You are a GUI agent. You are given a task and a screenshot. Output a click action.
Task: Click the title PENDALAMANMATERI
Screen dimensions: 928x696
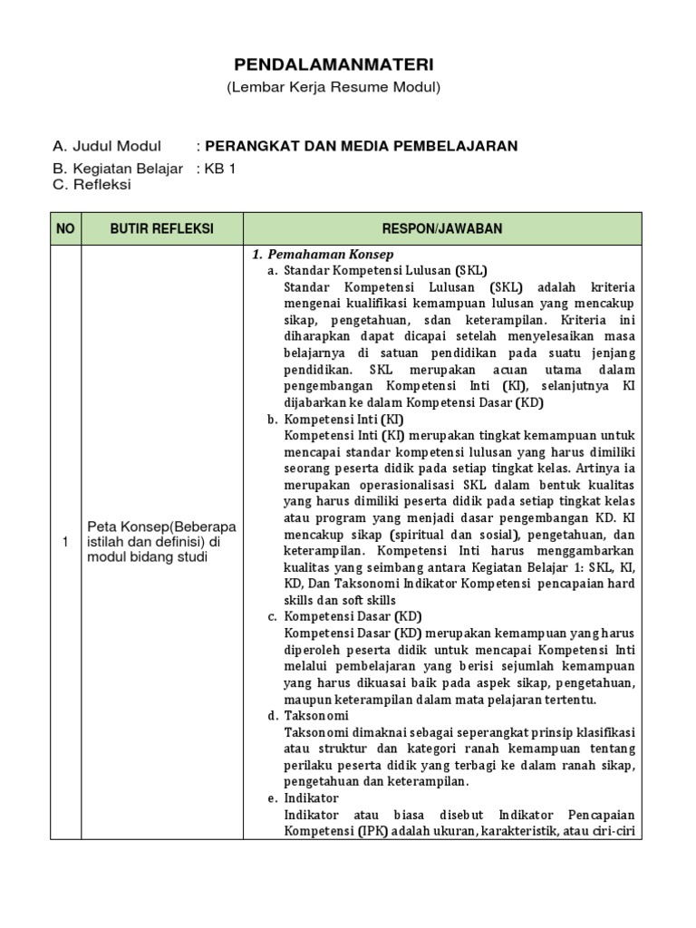[x=334, y=64]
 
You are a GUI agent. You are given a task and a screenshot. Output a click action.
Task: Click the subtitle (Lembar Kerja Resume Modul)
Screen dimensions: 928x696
[x=333, y=87]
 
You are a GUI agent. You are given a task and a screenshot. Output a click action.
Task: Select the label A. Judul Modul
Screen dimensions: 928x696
[x=107, y=146]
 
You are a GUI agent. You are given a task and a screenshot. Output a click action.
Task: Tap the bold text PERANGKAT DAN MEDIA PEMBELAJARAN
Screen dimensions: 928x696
[x=362, y=146]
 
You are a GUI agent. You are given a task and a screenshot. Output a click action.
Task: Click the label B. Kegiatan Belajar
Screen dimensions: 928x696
[x=118, y=169]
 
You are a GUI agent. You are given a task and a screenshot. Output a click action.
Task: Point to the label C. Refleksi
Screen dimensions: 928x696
[x=92, y=185]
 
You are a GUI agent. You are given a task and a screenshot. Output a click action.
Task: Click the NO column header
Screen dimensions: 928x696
[x=64, y=229]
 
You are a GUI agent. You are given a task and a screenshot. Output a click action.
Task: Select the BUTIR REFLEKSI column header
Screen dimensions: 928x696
[x=161, y=229]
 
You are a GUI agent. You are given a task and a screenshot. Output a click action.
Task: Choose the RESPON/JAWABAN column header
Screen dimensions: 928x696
[x=442, y=229]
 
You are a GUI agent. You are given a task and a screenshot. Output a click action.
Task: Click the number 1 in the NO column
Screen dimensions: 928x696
[x=64, y=542]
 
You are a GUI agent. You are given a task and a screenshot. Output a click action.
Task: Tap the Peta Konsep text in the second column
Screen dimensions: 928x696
[x=161, y=542]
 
